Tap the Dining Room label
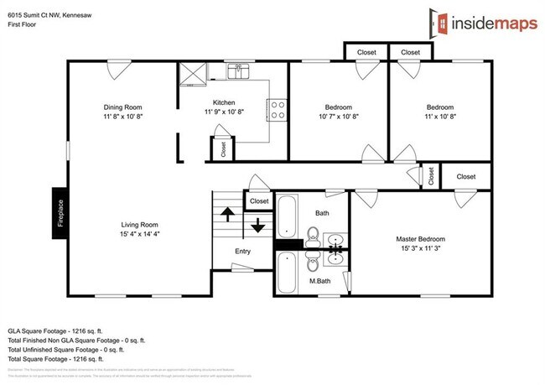[122, 107]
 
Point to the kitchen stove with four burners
[277, 110]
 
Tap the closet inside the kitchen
[223, 148]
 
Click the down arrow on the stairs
[257, 224]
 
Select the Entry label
[242, 252]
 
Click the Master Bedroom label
[421, 239]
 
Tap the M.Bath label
[319, 280]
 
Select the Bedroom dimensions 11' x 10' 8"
[439, 117]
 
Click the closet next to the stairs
[259, 201]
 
